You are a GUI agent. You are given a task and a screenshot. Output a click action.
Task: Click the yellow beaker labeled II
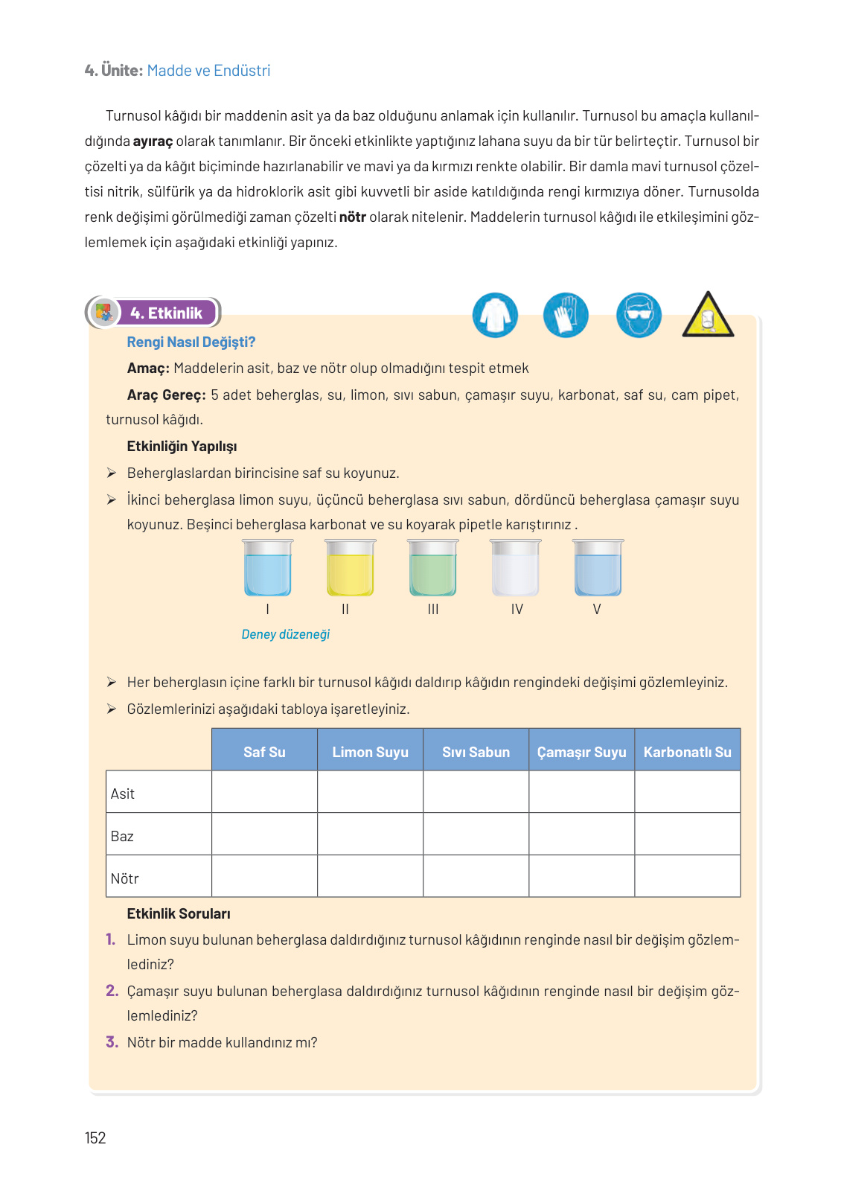[351, 569]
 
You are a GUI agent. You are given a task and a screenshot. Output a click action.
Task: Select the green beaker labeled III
[433, 569]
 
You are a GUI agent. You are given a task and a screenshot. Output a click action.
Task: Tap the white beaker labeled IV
[515, 569]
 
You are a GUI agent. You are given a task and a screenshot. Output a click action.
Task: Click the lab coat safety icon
[495, 315]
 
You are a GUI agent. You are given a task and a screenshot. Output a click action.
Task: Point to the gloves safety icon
[566, 315]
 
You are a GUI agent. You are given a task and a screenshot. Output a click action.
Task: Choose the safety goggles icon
[639, 315]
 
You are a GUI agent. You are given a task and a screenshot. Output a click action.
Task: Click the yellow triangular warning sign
[708, 316]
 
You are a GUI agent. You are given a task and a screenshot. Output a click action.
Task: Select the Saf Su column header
[264, 752]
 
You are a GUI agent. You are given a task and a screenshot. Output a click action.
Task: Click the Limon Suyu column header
[370, 752]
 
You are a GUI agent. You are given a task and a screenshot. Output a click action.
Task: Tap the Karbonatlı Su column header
[687, 752]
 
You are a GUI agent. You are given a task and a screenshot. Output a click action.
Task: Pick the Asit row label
[123, 794]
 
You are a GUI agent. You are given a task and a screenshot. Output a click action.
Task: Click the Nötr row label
[125, 878]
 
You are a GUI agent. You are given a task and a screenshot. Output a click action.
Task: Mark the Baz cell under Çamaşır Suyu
[581, 834]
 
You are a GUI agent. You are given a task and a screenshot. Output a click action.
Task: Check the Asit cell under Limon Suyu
[370, 791]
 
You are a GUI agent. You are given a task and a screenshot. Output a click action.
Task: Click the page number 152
[95, 1137]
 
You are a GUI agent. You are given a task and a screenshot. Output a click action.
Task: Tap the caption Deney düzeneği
[285, 634]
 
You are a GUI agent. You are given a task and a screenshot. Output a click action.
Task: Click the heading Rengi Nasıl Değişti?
[191, 342]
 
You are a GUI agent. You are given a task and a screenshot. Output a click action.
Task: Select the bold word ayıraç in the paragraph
[153, 141]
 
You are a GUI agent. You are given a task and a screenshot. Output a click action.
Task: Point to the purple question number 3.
[112, 1041]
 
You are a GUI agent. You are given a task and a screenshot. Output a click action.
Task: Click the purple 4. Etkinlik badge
[166, 313]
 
